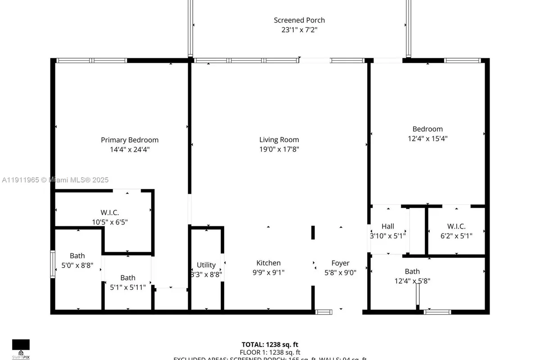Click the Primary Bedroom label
pos(130,140)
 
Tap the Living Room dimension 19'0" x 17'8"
pos(279,149)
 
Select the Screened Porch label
pos(299,20)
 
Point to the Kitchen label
pos(269,263)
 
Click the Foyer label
pos(340,263)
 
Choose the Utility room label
pos(206,265)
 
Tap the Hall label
pos(388,226)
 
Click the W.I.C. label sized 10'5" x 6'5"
pos(110,212)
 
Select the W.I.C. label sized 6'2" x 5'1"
pos(456,226)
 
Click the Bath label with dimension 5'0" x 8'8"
pos(77,256)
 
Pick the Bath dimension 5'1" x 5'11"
pos(128,287)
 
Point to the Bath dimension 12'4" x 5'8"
pos(412,281)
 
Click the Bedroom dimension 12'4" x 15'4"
pos(427,139)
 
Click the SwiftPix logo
pos(21,347)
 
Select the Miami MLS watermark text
pos(55,180)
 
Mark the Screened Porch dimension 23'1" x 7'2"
pos(299,30)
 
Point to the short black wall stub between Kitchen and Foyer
pos(313,233)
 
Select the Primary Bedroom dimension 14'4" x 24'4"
pos(130,149)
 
